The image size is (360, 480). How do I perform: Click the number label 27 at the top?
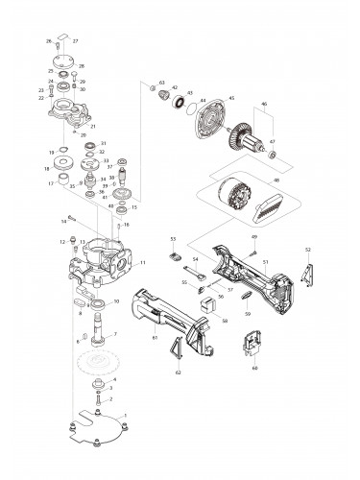coord(76,42)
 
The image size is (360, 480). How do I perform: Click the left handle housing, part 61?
coord(173,316)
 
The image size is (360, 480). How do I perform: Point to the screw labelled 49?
coord(253,250)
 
